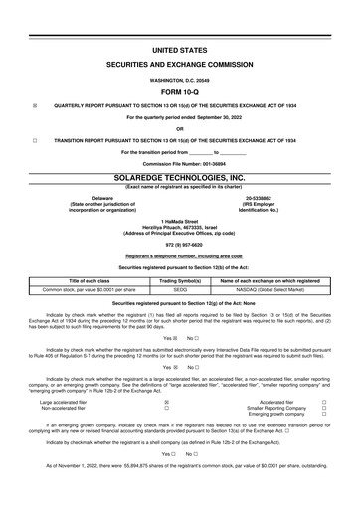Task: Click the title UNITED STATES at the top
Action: tap(180, 48)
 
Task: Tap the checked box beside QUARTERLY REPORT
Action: tap(35, 103)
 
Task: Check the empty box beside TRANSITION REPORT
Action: tap(35, 141)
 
